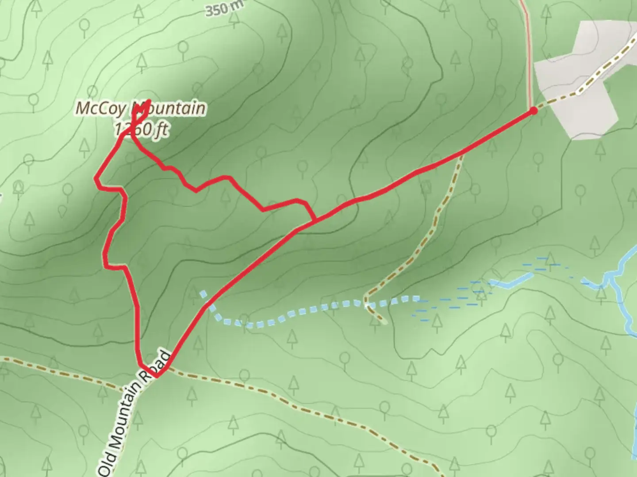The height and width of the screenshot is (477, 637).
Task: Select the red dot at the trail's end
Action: coord(533,110)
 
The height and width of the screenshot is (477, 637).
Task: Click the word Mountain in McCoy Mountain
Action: coord(171,108)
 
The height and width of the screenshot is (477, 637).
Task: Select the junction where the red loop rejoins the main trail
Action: coord(315,220)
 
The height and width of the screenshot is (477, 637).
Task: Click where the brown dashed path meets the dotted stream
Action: coord(367,304)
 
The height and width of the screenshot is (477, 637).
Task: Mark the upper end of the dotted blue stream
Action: coord(203,293)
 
